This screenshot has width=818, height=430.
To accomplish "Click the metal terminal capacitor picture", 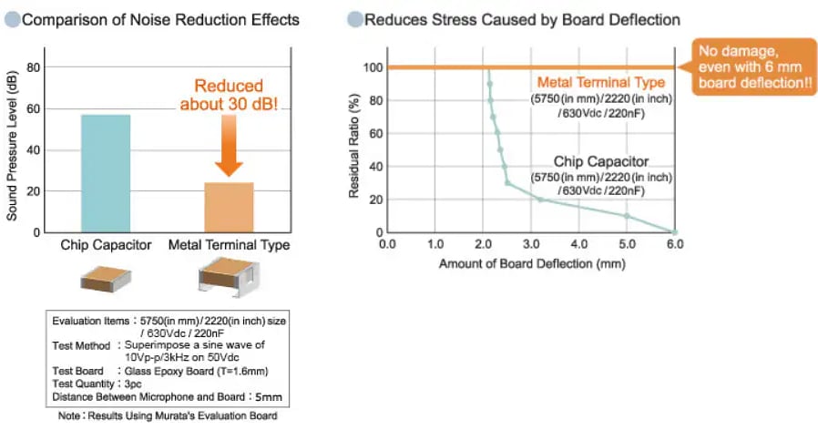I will click(229, 276).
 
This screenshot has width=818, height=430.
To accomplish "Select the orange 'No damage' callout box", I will click(752, 66).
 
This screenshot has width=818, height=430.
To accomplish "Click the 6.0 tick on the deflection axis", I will click(674, 244).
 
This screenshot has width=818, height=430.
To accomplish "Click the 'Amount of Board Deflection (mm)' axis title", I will click(530, 262).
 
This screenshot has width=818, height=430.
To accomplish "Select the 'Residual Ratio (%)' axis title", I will click(354, 150).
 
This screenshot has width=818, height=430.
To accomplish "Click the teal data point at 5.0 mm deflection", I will click(627, 216).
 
